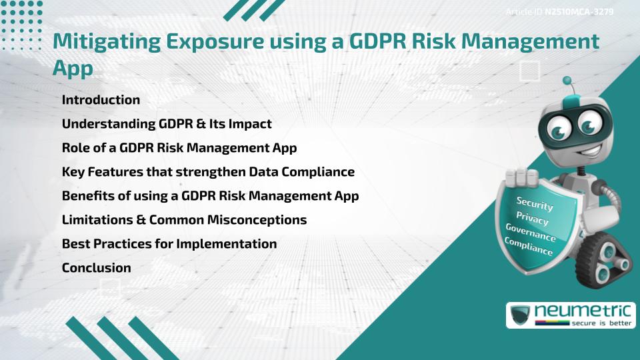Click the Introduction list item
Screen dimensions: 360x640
point(101,100)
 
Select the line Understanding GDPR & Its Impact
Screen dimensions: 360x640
point(166,124)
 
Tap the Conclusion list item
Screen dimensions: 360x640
point(96,268)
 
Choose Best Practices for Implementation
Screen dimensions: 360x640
point(169,244)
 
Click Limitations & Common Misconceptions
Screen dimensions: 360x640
point(184,220)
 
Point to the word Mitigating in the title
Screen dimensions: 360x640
point(106,41)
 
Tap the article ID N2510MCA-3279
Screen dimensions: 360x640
point(579,12)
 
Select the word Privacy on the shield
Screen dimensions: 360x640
point(532,219)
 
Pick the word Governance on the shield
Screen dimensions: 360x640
point(531,233)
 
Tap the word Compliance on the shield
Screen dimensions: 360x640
point(529,247)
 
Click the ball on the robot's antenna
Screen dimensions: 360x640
point(568,81)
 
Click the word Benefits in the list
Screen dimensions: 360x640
point(85,196)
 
